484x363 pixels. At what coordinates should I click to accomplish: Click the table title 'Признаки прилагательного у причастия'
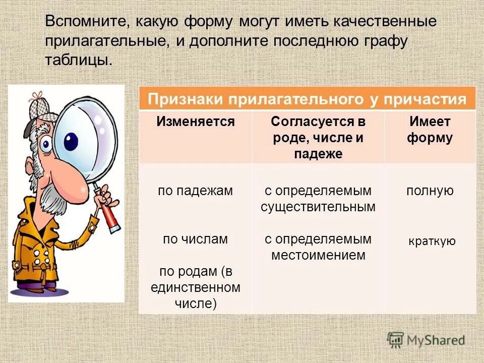click(307, 99)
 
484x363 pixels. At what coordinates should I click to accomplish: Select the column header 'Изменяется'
click(195, 122)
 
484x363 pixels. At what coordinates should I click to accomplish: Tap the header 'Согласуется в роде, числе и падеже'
click(318, 138)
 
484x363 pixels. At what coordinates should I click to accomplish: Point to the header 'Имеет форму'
click(430, 130)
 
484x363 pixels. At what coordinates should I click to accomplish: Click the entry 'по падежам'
click(195, 191)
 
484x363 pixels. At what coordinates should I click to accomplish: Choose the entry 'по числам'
click(195, 239)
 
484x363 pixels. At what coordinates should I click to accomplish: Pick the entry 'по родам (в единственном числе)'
click(195, 287)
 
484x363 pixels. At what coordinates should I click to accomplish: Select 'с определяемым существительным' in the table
click(318, 199)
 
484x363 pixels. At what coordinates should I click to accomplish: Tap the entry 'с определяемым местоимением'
click(318, 247)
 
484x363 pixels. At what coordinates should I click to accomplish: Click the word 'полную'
click(430, 191)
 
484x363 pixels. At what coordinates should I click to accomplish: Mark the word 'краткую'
click(432, 241)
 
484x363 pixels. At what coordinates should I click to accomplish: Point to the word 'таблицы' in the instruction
click(76, 59)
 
